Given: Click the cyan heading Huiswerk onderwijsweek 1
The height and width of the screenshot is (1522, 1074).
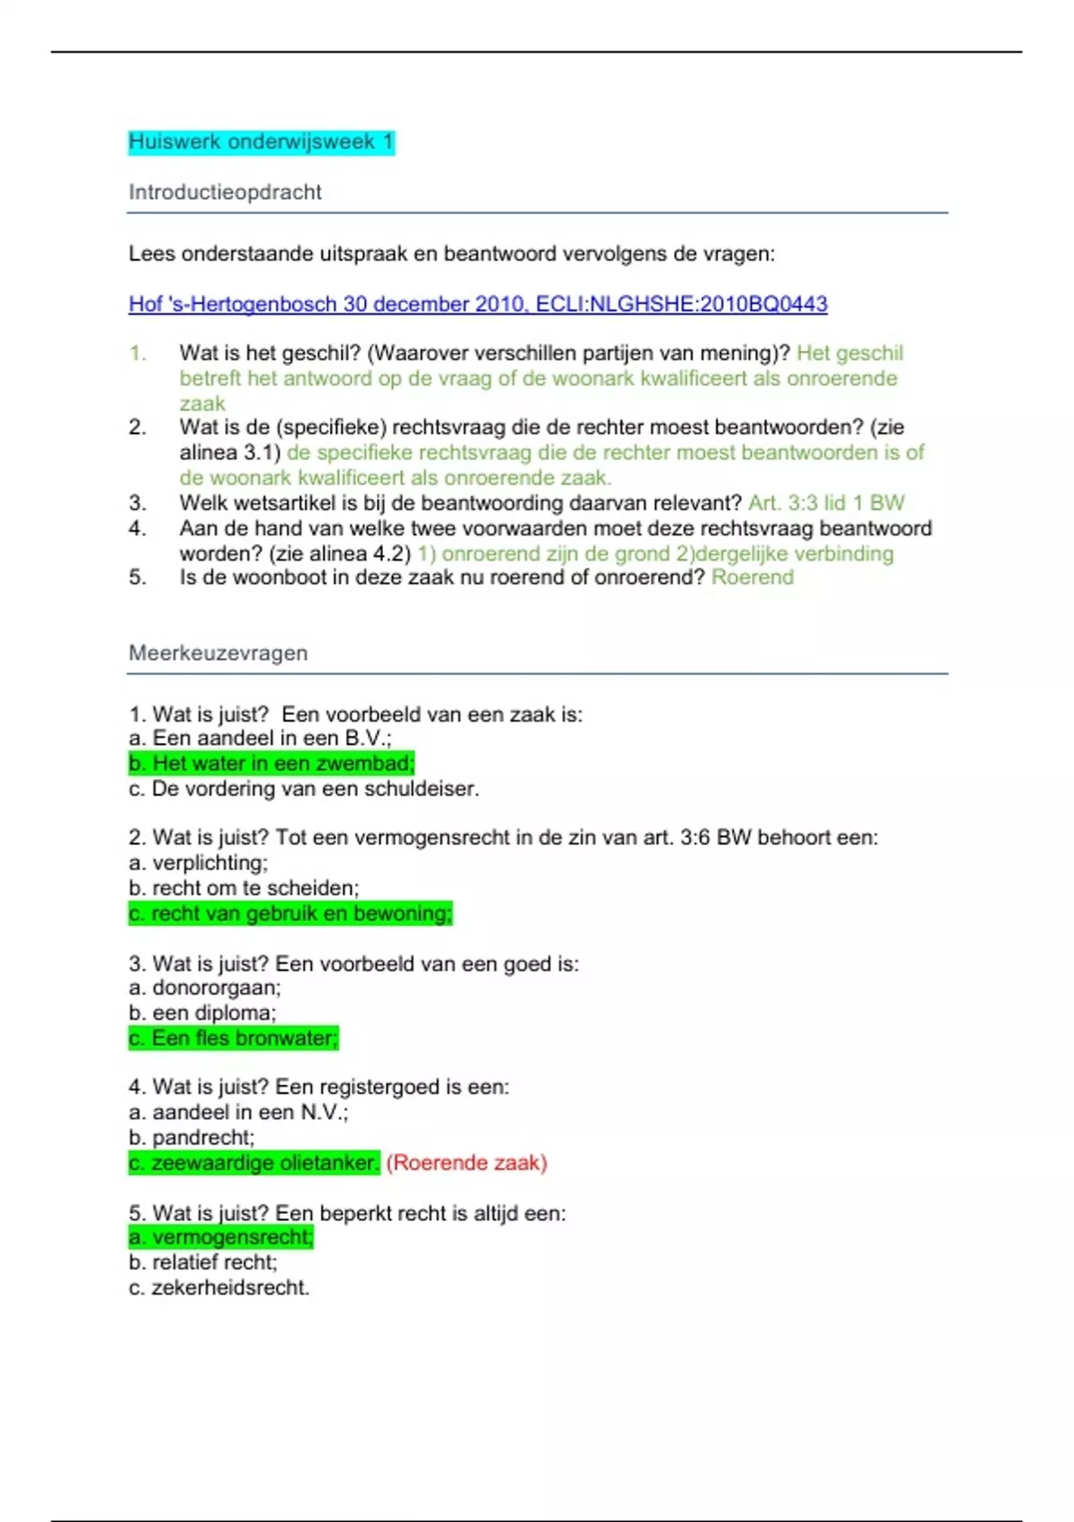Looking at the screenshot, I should pyautogui.click(x=260, y=142).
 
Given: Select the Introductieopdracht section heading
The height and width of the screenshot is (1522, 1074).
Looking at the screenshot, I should pyautogui.click(x=225, y=192).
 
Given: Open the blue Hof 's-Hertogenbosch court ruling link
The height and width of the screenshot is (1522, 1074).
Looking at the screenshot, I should pyautogui.click(x=478, y=304).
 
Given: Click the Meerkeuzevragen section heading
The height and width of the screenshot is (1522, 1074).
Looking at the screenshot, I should pyautogui.click(x=217, y=654).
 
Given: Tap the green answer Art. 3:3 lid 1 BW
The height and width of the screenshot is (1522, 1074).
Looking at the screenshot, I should pyautogui.click(x=826, y=503).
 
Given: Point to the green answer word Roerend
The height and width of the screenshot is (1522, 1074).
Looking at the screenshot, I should pyautogui.click(x=752, y=577).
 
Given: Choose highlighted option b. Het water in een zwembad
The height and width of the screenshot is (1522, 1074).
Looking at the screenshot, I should pyautogui.click(x=271, y=764).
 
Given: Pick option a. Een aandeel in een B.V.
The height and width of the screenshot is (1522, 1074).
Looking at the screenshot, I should pyautogui.click(x=260, y=739).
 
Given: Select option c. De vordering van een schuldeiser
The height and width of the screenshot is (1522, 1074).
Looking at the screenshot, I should pyautogui.click(x=303, y=789).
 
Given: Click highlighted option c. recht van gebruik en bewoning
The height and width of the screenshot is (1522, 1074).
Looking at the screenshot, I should pyautogui.click(x=290, y=914).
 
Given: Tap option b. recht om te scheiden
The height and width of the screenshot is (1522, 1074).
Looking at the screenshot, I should pyautogui.click(x=243, y=888).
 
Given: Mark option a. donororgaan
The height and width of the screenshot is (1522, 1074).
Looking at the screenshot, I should pyautogui.click(x=205, y=988).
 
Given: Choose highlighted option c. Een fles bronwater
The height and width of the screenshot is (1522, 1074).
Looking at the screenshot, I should pyautogui.click(x=234, y=1039).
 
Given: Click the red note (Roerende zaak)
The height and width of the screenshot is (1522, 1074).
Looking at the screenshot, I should pyautogui.click(x=466, y=1163).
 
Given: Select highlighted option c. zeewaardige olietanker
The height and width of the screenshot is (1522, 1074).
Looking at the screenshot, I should pyautogui.click(x=254, y=1163).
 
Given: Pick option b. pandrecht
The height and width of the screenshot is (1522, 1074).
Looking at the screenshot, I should pyautogui.click(x=192, y=1138).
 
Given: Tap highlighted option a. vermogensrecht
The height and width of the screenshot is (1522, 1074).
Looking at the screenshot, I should pyautogui.click(x=221, y=1237).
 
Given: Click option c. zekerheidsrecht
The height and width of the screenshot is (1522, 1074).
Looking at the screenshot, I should pyautogui.click(x=219, y=1288).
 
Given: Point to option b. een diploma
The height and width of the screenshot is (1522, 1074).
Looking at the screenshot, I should pyautogui.click(x=202, y=1013).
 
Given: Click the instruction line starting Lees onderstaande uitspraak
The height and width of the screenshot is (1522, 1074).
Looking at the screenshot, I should pyautogui.click(x=451, y=254).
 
